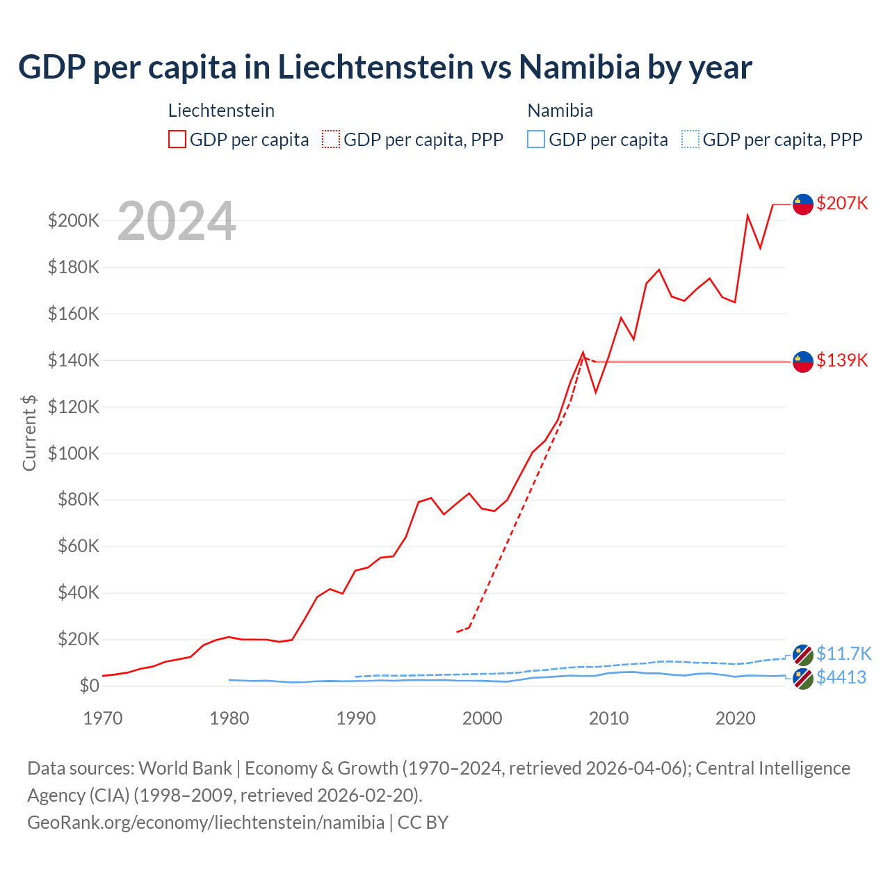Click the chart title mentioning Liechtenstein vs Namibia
pos(385,67)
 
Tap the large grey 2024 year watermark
pos(177,221)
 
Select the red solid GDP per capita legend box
pos(177,140)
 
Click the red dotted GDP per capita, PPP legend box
pos(331,140)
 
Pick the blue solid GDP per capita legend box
pos(536,140)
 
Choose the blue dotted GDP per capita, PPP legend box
pos(690,140)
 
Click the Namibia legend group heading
pos(560,111)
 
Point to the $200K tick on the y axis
pos(74,221)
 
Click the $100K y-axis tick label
pos(74,453)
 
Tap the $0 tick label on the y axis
pos(89,686)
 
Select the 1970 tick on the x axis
pos(103,718)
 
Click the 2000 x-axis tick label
pos(483,718)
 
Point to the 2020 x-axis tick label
pos(736,718)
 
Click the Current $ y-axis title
pos(29,432)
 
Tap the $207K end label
pos(842,203)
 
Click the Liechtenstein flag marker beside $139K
pos(803,362)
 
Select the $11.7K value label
pos(843,654)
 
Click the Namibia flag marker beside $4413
pos(803,679)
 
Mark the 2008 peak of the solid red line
pos(583,353)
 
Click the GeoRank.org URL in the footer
pos(206,823)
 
